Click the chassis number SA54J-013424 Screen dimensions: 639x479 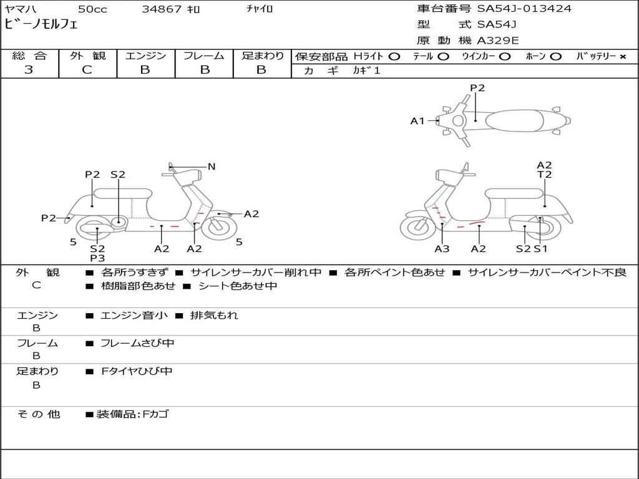pyautogui.click(x=524, y=9)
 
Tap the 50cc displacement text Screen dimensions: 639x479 pyautogui.click(x=92, y=9)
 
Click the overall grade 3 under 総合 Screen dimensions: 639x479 pyautogui.click(x=29, y=70)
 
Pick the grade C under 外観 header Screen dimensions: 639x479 pyautogui.click(x=87, y=70)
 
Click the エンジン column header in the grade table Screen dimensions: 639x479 pyautogui.click(x=145, y=56)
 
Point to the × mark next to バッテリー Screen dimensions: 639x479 pyautogui.click(x=623, y=57)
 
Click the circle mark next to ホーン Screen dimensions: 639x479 pyautogui.click(x=555, y=57)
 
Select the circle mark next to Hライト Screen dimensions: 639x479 pyautogui.click(x=394, y=57)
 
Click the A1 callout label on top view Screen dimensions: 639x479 pyautogui.click(x=417, y=121)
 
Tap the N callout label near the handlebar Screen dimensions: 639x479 pyautogui.click(x=211, y=167)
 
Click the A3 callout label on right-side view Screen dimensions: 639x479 pyautogui.click(x=442, y=249)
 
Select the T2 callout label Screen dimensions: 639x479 pyautogui.click(x=544, y=175)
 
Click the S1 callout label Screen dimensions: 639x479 pyautogui.click(x=541, y=249)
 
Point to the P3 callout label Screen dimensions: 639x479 pyautogui.click(x=97, y=258)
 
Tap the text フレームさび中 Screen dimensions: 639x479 pyautogui.click(x=137, y=344)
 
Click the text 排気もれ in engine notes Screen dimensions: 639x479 pyautogui.click(x=214, y=315)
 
